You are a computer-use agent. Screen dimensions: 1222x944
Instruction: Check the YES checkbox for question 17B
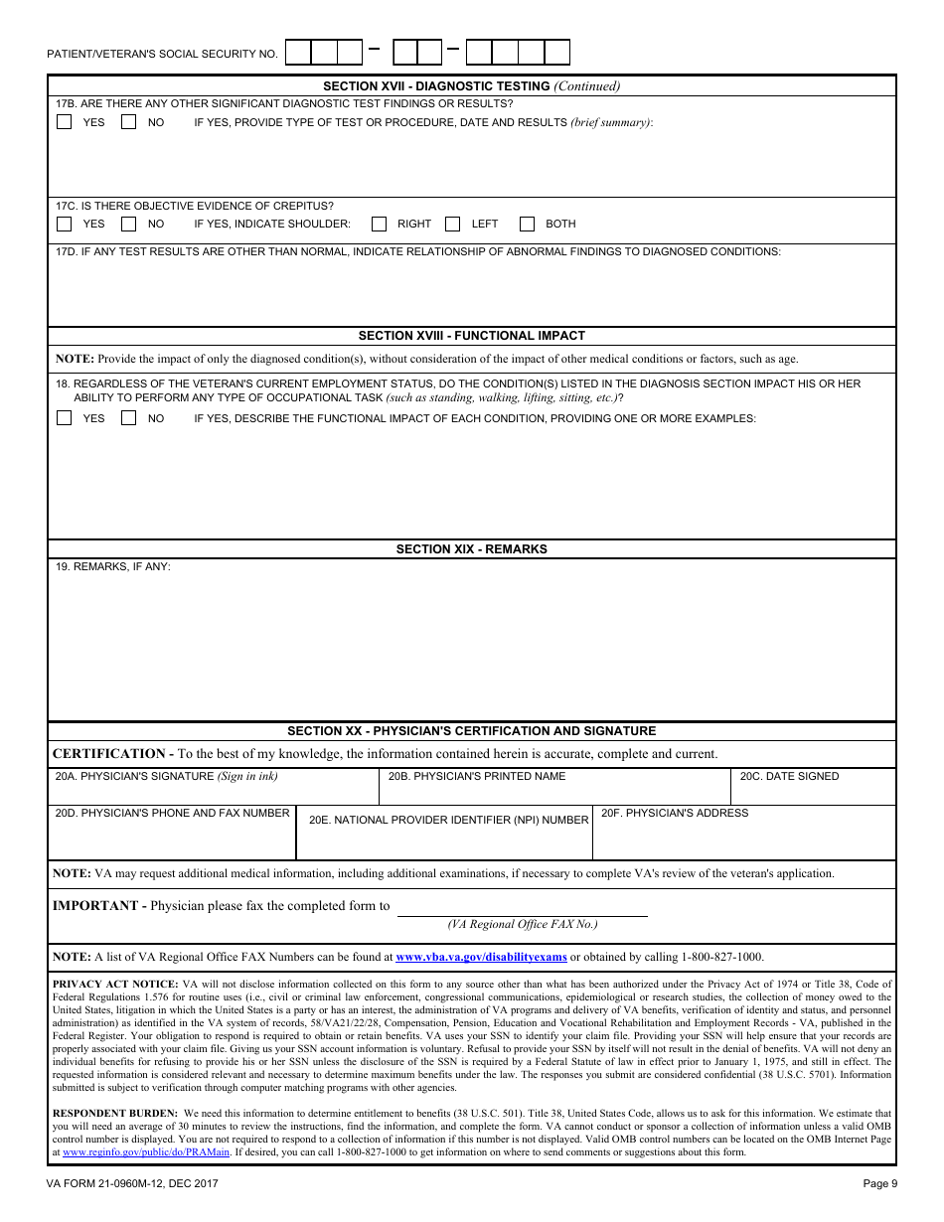point(65,122)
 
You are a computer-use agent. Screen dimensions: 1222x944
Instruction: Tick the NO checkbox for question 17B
point(128,122)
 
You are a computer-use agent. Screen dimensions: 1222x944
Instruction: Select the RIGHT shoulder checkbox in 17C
point(379,224)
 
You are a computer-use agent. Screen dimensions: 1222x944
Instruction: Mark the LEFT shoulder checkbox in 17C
point(453,224)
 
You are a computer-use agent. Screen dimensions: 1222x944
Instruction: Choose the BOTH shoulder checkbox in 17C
point(528,224)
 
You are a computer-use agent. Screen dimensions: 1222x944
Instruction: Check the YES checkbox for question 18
point(65,418)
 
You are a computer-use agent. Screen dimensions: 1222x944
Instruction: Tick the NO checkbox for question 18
point(128,418)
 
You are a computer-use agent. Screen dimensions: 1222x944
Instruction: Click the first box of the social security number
point(298,53)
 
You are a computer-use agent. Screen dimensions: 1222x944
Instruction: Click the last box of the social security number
point(557,53)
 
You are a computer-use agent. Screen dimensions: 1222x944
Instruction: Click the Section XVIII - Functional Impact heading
point(472,336)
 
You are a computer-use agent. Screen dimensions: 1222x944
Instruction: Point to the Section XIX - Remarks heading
point(472,549)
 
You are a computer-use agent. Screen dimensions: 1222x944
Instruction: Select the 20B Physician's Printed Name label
point(477,776)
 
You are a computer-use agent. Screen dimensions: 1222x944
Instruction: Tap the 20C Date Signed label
point(789,776)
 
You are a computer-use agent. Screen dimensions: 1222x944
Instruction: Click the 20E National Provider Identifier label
point(448,821)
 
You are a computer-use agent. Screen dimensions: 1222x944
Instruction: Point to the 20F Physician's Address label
point(675,813)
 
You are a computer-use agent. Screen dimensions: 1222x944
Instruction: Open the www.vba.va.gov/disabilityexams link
point(481,958)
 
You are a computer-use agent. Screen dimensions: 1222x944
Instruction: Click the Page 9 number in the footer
point(879,1183)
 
